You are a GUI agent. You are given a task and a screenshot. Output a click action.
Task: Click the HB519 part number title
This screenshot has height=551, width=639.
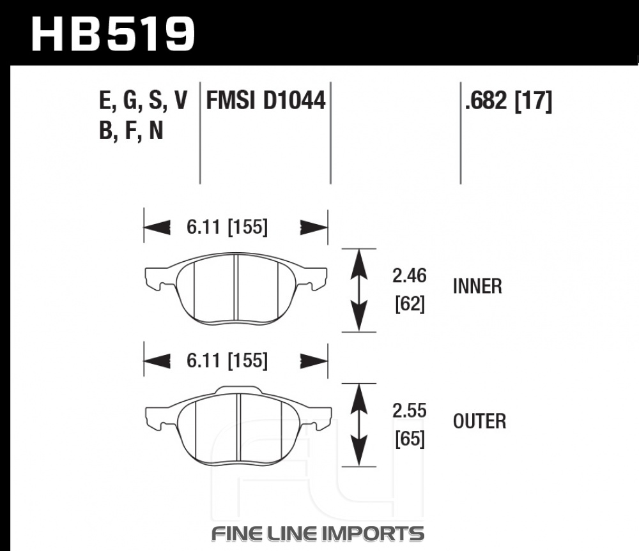(x=113, y=34)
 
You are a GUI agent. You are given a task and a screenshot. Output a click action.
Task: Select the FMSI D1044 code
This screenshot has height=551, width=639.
(x=266, y=100)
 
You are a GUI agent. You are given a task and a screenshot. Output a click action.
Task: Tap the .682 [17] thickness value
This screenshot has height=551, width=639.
(x=508, y=101)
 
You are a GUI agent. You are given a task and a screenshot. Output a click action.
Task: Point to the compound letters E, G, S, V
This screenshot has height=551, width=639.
(x=143, y=101)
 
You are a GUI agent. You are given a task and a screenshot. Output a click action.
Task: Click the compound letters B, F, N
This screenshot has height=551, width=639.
(x=131, y=131)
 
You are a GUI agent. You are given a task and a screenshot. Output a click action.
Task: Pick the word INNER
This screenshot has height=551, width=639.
(x=477, y=286)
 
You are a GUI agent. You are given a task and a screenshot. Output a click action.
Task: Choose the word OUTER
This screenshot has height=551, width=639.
(x=479, y=421)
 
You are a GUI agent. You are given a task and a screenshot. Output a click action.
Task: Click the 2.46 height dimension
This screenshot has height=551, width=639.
(x=409, y=276)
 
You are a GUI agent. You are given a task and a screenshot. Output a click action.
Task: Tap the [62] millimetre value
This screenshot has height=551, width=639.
(x=410, y=304)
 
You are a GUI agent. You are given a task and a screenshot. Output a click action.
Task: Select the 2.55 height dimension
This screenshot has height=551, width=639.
(x=409, y=411)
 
